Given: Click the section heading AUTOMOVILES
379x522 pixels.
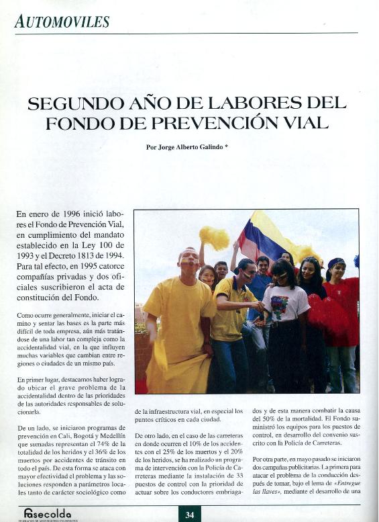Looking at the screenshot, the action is [62, 21].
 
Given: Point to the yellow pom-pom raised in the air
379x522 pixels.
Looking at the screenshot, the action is [214, 236].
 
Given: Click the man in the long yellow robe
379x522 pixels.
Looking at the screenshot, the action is [176, 322].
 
